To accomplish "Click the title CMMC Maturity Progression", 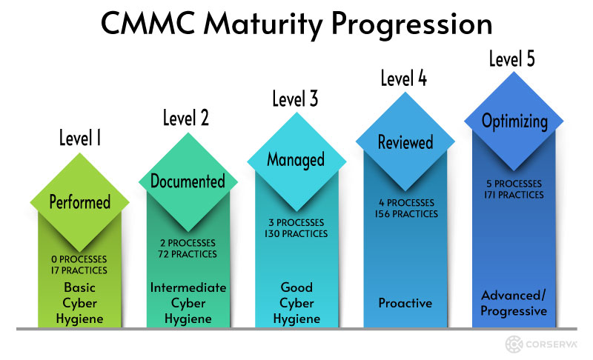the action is tap(296, 24).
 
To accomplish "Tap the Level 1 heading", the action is tap(80, 138).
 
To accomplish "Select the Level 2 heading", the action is tap(186, 118).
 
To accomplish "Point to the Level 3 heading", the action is tap(295, 99).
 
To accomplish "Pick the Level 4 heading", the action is tap(403, 79).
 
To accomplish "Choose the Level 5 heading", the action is tap(512, 59).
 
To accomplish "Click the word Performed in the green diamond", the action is tap(80, 202).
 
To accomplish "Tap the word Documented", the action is tap(188, 181).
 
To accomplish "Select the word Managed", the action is tap(296, 160).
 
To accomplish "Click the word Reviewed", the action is tap(405, 142).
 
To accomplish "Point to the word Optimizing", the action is tap(514, 121).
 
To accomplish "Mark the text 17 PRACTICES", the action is tap(79, 270).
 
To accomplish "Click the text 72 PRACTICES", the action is tap(188, 254).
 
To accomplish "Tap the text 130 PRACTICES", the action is tap(296, 234).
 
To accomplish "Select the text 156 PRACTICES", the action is tap(406, 214).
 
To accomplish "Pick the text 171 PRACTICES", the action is tap(514, 195).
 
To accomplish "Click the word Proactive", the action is tap(405, 303).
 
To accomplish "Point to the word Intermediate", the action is tap(188, 287).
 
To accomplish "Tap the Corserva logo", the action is tap(541, 344).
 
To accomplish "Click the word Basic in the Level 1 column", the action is tap(80, 287).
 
